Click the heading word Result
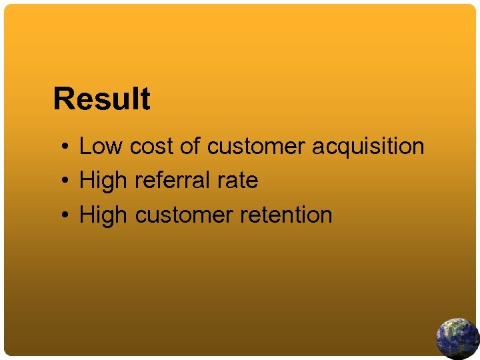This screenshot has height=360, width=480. pos(102,99)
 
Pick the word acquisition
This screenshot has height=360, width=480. pos(368,147)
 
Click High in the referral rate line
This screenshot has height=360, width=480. pos(103,181)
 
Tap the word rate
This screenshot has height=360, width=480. pos(238,181)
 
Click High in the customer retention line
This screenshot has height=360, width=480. pos(103,215)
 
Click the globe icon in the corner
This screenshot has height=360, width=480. pos(457,339)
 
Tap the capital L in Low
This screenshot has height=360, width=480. pos(84,146)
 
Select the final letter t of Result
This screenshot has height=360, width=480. pos(145,99)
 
